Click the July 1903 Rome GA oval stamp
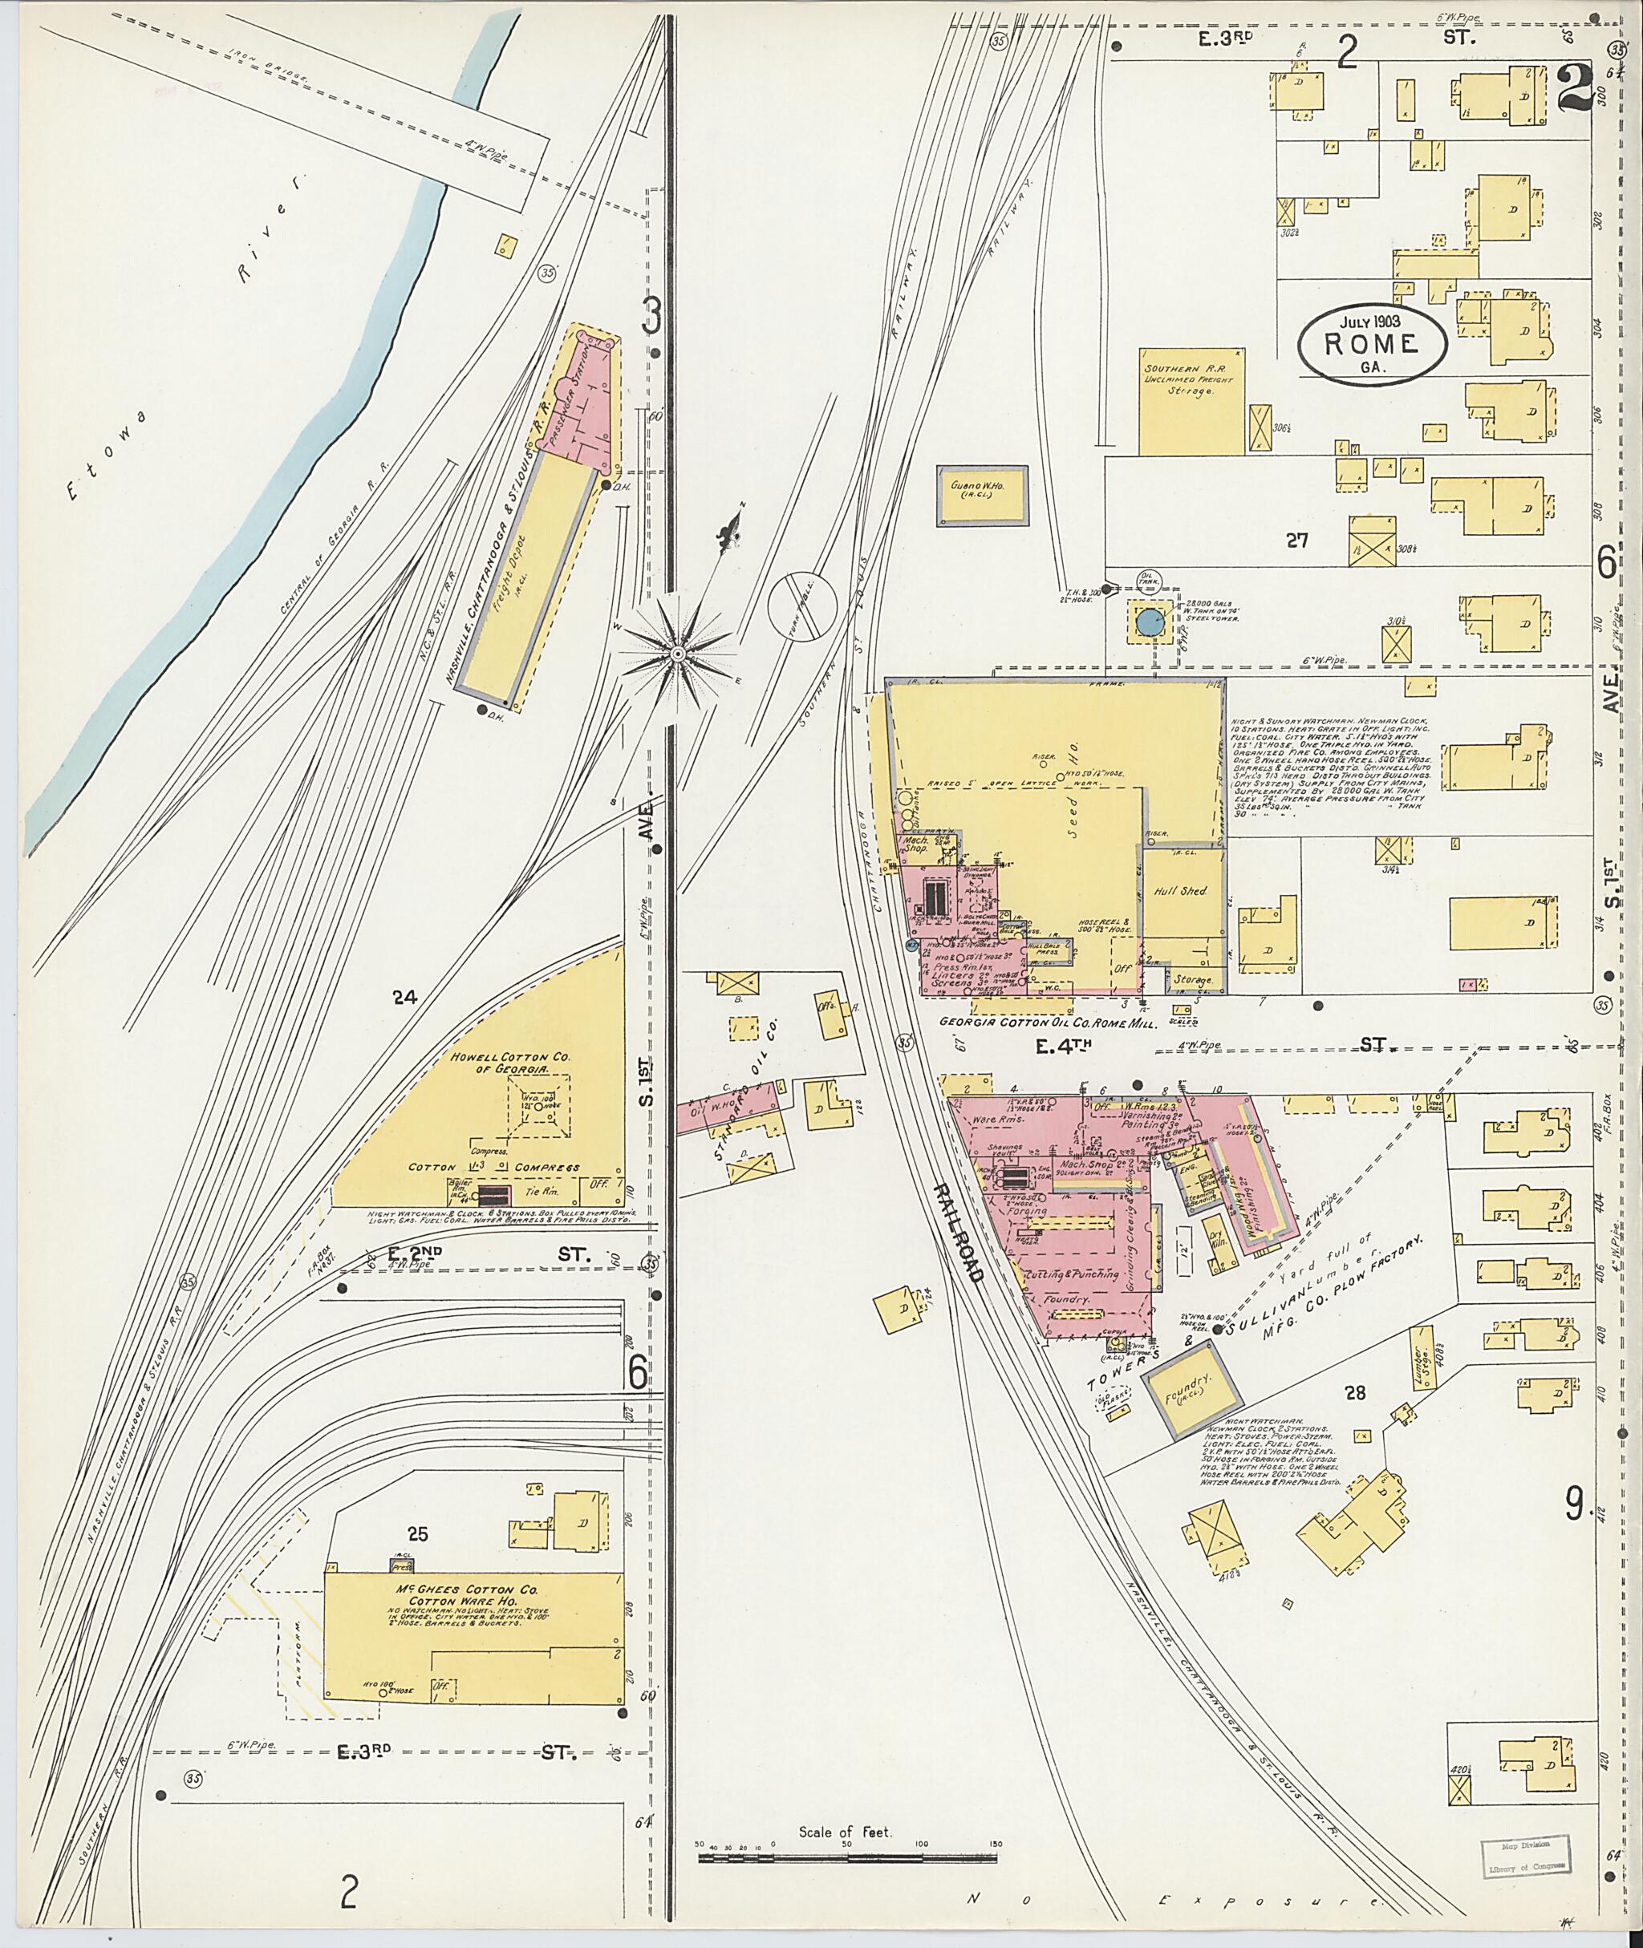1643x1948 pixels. pos(1373,342)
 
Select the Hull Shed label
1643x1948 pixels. pos(1181,891)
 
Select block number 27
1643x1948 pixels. pos(1296,538)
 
